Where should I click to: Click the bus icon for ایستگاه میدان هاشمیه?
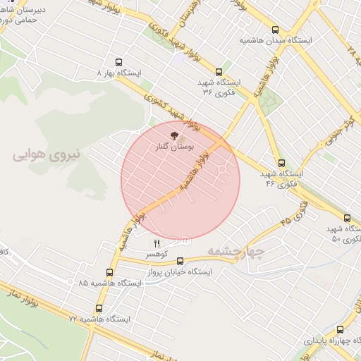point(275,30)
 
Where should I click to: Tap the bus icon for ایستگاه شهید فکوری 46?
point(281,163)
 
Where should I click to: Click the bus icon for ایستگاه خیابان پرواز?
point(180,261)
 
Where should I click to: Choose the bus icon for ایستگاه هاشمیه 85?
point(109,272)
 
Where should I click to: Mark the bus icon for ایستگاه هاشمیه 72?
point(99,308)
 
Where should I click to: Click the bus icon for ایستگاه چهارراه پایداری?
point(341,329)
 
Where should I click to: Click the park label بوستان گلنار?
point(173,148)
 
